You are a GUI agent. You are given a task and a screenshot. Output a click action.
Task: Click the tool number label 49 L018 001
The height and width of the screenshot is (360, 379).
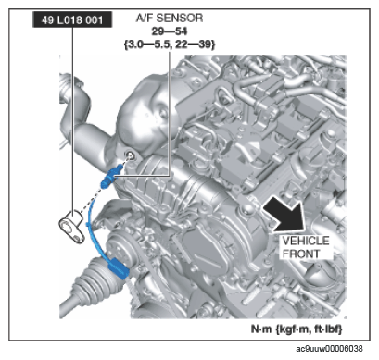point(72,20)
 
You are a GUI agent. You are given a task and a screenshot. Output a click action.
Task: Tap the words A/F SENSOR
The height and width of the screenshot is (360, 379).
point(170,19)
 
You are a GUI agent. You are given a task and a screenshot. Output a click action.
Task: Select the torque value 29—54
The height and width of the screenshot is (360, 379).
point(170,31)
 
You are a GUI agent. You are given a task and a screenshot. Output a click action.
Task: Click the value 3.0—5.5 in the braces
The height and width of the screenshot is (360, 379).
point(148,44)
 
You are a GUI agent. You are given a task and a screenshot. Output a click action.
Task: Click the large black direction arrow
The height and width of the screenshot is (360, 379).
point(284,214)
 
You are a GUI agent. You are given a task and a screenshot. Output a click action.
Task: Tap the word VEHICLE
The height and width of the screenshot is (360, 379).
point(306,241)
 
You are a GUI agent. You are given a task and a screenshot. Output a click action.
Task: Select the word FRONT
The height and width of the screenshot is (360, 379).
point(301,254)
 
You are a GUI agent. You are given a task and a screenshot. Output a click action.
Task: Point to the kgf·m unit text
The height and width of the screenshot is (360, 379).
point(292,329)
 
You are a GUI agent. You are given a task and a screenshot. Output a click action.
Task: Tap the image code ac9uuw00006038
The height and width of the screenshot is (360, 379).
point(329,349)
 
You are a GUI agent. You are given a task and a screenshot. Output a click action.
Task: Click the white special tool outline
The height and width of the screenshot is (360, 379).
point(71,226)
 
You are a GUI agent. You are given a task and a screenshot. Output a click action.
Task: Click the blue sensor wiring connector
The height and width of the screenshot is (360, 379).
point(119,267)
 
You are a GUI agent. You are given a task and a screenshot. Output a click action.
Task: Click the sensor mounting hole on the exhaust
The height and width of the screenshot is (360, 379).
point(131,156)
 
